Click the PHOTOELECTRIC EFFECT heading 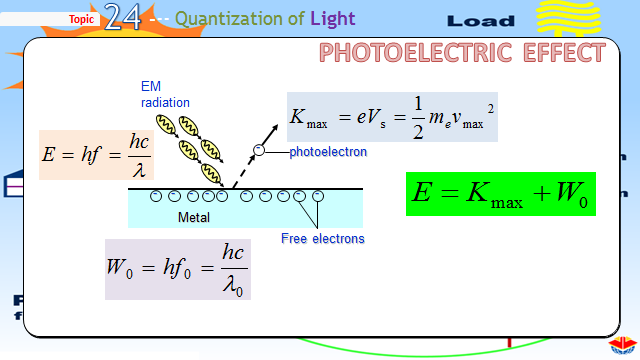coord(462,53)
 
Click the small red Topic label coord(84,19)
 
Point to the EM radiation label coord(164,95)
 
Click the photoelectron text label coord(328,152)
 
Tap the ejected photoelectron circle coord(258,151)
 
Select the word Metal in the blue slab coord(194,217)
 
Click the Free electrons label coord(322,238)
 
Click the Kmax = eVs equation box coord(391,116)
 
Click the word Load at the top coord(481,21)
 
